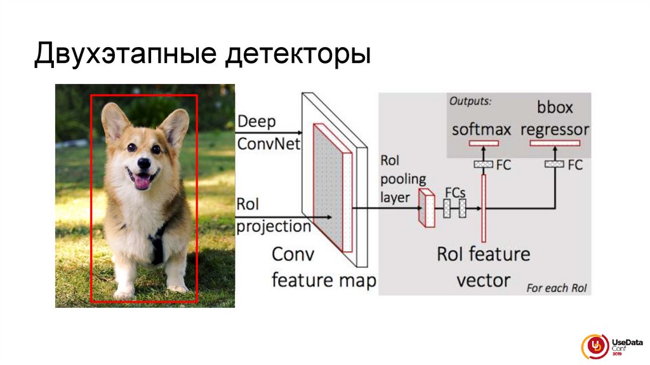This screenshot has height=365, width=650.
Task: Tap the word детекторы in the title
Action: [296, 55]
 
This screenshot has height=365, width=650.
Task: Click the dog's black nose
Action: [143, 163]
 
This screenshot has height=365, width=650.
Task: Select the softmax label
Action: [481, 130]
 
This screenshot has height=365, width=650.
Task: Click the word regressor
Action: [555, 130]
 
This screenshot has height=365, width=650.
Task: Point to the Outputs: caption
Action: [470, 100]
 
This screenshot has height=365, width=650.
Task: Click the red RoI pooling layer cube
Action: [425, 209]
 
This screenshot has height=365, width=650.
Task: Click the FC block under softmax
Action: [483, 165]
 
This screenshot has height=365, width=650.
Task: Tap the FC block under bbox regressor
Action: [554, 165]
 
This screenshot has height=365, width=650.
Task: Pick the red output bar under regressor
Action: [555, 144]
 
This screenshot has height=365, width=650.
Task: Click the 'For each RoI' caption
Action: [557, 288]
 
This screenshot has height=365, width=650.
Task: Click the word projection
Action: [274, 226]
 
